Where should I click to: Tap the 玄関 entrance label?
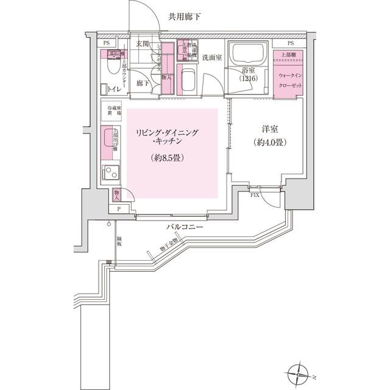pos(143,44)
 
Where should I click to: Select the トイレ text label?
pos(113,90)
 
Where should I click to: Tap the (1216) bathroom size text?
pos(249,80)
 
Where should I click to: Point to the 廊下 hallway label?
pos(143,83)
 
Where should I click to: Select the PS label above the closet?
pos(290,43)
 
